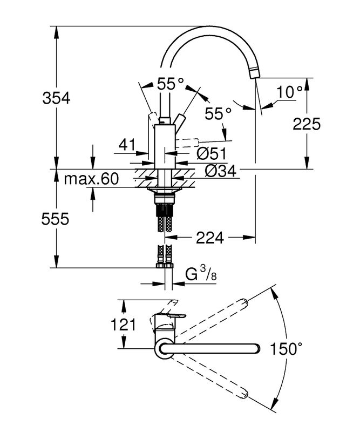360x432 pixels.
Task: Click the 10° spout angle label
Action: tap(290, 92)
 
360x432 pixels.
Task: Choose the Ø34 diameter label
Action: tap(219, 171)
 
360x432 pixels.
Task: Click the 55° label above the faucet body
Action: tap(171, 84)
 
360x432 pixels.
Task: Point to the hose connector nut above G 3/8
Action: tap(165, 264)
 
